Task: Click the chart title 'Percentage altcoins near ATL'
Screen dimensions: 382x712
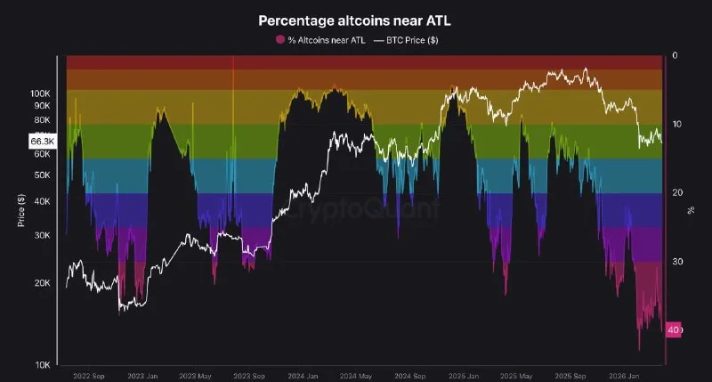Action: (x=355, y=20)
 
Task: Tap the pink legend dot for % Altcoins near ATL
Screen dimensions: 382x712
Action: (x=280, y=40)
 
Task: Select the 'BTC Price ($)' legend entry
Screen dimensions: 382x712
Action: (x=409, y=40)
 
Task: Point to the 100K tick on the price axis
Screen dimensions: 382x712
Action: (x=41, y=93)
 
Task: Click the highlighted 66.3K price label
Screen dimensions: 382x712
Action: (x=43, y=141)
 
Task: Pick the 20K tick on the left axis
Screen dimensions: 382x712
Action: (x=43, y=283)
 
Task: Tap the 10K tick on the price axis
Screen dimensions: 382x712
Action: (x=43, y=365)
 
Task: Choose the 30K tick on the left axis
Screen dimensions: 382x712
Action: (x=43, y=236)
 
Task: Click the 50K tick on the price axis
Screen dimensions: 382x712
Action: (x=43, y=175)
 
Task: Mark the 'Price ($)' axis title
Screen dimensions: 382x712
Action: (x=20, y=210)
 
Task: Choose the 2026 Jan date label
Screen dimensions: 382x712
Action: (x=627, y=375)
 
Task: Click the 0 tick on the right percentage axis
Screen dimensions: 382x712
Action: (x=676, y=55)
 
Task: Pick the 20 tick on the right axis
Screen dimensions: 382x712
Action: (x=677, y=192)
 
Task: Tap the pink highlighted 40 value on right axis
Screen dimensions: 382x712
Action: (x=674, y=330)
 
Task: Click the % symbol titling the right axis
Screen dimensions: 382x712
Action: (x=691, y=210)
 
